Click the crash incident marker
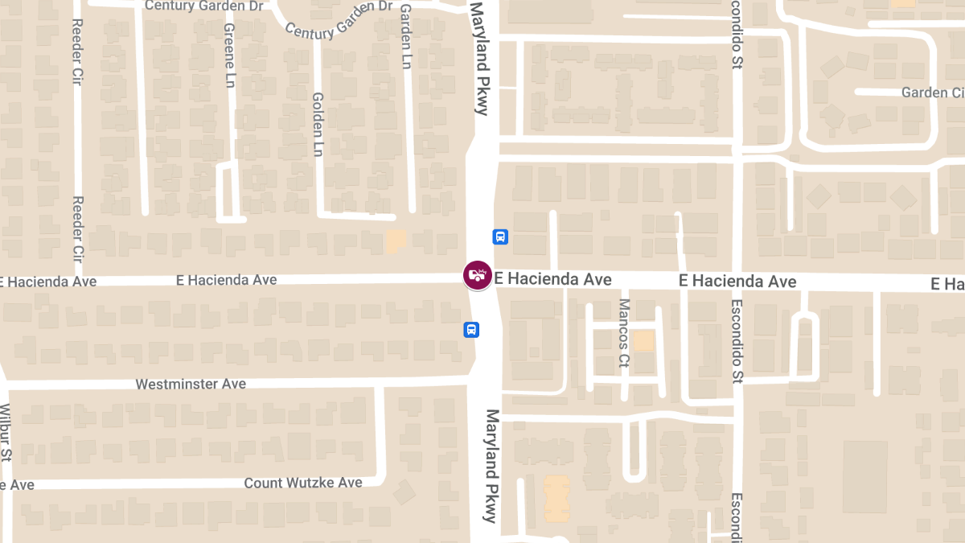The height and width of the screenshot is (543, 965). click(x=477, y=275)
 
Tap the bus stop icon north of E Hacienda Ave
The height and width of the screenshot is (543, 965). click(x=500, y=237)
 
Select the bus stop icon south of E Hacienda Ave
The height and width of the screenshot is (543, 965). click(x=471, y=329)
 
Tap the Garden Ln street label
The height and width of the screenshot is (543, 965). click(x=406, y=38)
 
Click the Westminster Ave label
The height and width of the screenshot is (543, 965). click(x=191, y=385)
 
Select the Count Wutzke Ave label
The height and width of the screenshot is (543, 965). click(x=303, y=483)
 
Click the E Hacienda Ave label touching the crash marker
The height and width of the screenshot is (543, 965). click(x=553, y=279)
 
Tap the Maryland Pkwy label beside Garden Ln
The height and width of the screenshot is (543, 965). click(x=480, y=58)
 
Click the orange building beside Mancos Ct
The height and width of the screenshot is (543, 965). click(x=644, y=340)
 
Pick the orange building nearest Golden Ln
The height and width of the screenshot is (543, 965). click(x=396, y=241)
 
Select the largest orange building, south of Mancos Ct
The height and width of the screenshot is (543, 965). click(x=556, y=499)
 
